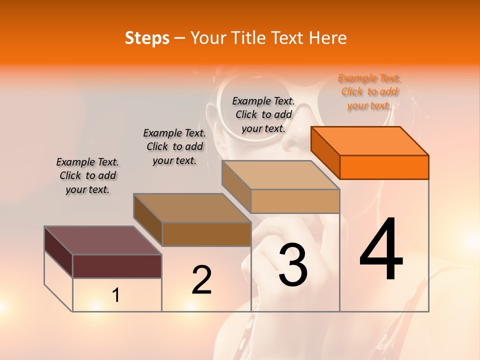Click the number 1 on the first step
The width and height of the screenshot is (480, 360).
click(x=116, y=295)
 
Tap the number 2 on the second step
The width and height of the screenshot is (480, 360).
click(x=201, y=280)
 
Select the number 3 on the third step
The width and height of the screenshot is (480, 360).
click(x=293, y=265)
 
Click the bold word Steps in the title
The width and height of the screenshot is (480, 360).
click(x=147, y=38)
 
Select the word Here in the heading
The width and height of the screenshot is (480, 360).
click(x=328, y=38)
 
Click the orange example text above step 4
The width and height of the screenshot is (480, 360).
click(x=369, y=91)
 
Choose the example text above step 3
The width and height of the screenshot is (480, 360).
click(x=263, y=114)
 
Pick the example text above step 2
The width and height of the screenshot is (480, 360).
click(x=174, y=146)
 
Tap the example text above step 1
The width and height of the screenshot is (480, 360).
click(x=87, y=175)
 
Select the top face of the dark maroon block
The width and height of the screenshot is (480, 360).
click(x=102, y=240)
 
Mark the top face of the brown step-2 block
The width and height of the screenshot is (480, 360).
click(x=192, y=208)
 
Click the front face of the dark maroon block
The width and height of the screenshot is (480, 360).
click(x=117, y=266)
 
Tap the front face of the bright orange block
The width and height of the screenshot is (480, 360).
click(x=384, y=167)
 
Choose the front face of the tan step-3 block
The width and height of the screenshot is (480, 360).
click(x=295, y=201)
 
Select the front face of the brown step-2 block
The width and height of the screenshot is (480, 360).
click(x=206, y=234)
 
